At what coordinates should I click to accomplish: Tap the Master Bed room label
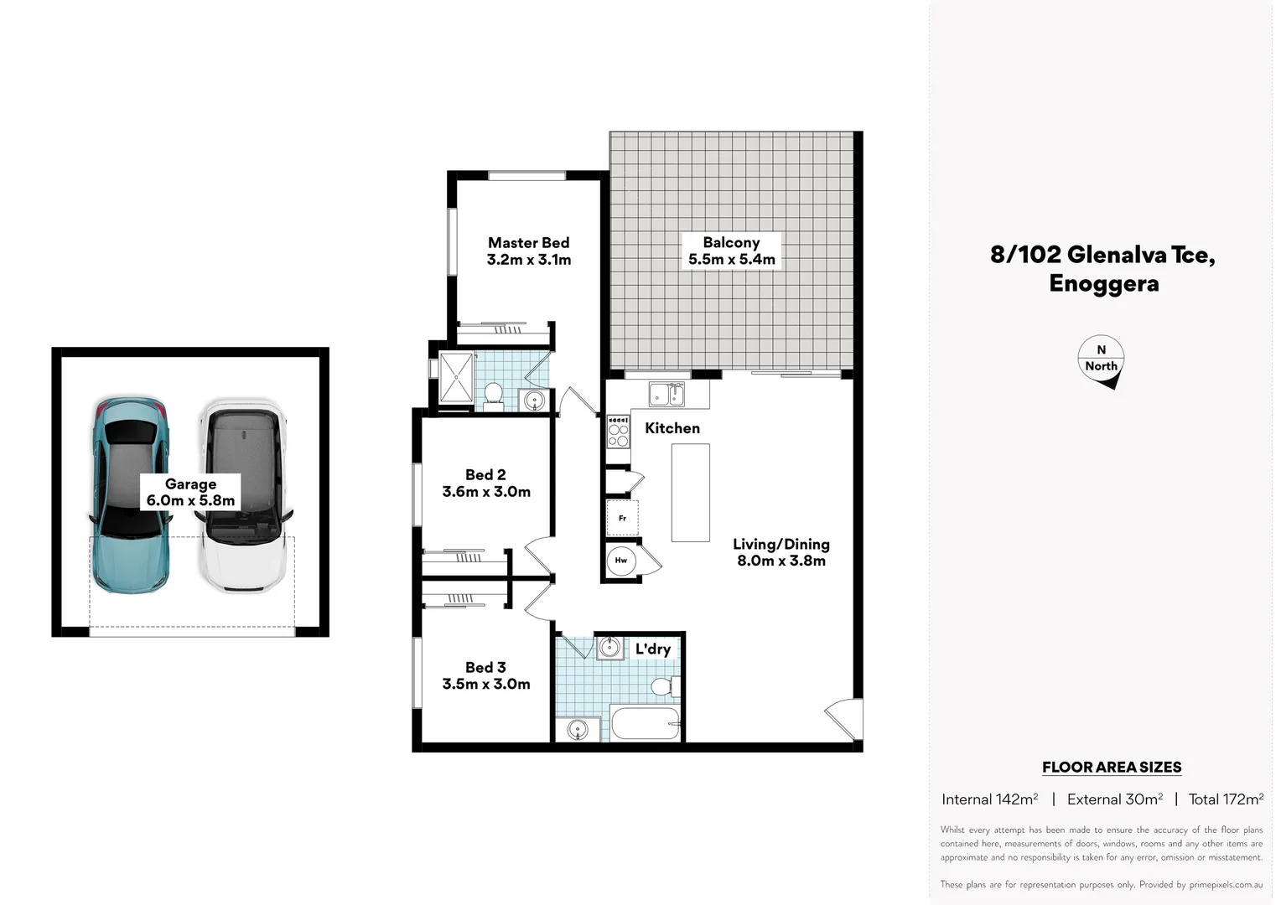528,243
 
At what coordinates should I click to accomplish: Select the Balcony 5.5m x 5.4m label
731,251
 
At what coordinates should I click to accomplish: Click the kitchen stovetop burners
618,432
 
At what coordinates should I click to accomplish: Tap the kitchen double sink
666,393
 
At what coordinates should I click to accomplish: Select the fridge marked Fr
622,518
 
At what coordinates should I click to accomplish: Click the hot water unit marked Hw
621,560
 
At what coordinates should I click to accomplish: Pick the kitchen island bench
690,493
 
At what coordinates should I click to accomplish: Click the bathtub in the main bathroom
645,724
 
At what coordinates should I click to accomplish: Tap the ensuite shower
455,378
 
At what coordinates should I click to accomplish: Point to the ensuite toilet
493,394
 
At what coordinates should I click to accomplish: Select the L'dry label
652,649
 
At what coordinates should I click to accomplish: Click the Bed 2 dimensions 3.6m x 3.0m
486,492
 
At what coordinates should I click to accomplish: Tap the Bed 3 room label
485,667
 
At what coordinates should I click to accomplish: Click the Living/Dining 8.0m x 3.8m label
781,552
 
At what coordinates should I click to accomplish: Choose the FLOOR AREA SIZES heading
1111,767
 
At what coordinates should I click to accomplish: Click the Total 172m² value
1226,799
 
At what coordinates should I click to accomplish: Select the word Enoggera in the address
1103,283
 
